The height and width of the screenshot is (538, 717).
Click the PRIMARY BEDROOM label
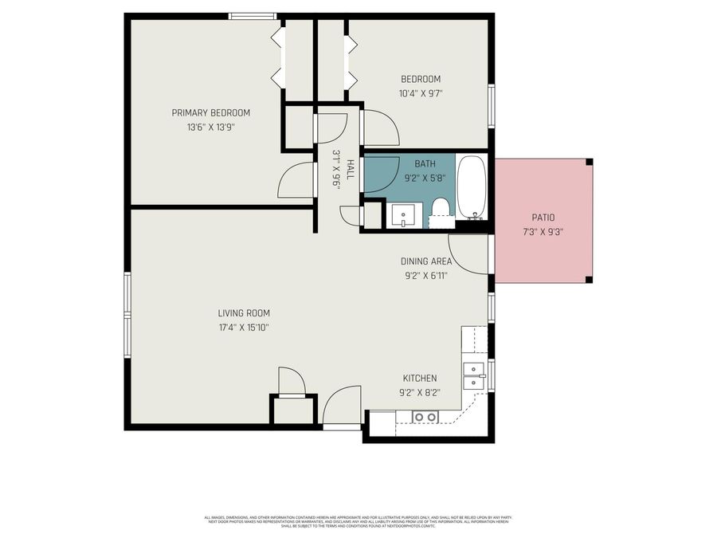click(211, 112)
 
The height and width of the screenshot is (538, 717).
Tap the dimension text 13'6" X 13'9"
click(211, 127)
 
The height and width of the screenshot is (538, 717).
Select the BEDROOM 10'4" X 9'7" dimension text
click(420, 93)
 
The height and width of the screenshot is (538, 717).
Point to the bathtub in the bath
click(472, 187)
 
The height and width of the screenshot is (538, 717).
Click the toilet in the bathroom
click(440, 209)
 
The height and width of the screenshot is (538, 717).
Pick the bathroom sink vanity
click(406, 215)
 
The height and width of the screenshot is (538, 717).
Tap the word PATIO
click(543, 218)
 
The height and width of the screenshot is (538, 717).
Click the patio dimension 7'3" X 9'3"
click(543, 232)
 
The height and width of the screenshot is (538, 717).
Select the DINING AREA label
click(425, 261)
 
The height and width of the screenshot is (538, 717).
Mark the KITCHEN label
click(419, 378)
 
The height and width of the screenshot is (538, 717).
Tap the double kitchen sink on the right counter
click(475, 375)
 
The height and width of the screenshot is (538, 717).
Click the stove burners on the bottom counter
click(425, 417)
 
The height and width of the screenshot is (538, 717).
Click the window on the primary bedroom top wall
click(253, 16)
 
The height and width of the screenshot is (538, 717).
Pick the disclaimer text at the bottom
click(358, 521)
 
